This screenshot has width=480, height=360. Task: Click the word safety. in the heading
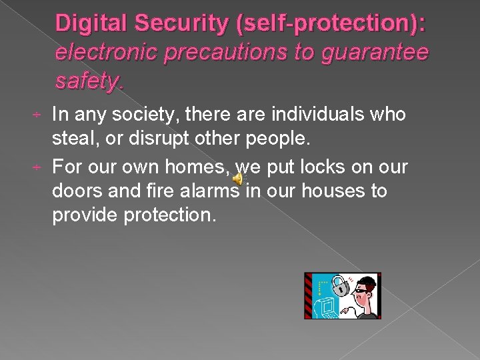[89, 82]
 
